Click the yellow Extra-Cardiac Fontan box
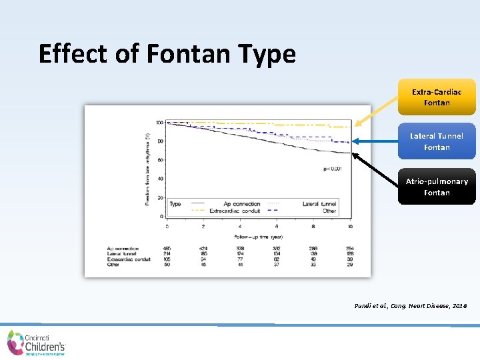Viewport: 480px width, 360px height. pyautogui.click(x=437, y=97)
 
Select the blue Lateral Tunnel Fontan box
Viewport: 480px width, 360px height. pyautogui.click(x=437, y=141)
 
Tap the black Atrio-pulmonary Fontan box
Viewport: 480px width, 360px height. pyautogui.click(x=437, y=187)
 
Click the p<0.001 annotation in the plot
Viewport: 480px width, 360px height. pyautogui.click(x=332, y=169)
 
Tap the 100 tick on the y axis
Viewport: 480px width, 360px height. pyautogui.click(x=159, y=123)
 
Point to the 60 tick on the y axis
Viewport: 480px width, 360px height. pyautogui.click(x=160, y=160)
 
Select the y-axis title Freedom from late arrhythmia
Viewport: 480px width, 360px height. pyautogui.click(x=147, y=169)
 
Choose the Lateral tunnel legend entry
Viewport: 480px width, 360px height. pyautogui.click(x=318, y=203)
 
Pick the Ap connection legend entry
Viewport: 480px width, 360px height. pyautogui.click(x=242, y=203)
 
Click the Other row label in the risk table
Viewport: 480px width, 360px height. pyautogui.click(x=114, y=265)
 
